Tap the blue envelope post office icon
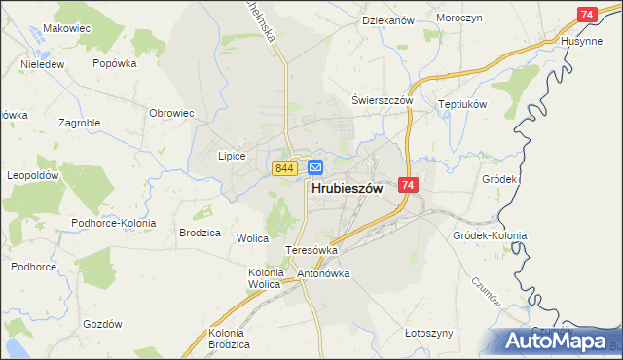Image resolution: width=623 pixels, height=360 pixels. [x=315, y=168]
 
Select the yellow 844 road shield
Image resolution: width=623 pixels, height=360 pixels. [x=284, y=168]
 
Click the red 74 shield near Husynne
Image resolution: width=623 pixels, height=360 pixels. [x=586, y=15]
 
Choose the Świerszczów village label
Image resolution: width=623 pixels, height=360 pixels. [x=383, y=100]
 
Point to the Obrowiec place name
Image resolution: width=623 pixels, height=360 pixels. [x=171, y=113]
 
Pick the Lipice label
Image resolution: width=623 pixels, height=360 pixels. [x=231, y=156]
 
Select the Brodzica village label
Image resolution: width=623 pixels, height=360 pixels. [x=201, y=234]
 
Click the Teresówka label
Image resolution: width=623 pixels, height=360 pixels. [x=311, y=250]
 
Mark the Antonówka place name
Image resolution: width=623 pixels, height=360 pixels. [x=323, y=273]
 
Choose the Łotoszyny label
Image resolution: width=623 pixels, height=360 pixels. [x=428, y=333]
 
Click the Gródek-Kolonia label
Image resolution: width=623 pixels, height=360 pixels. [x=490, y=235]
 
